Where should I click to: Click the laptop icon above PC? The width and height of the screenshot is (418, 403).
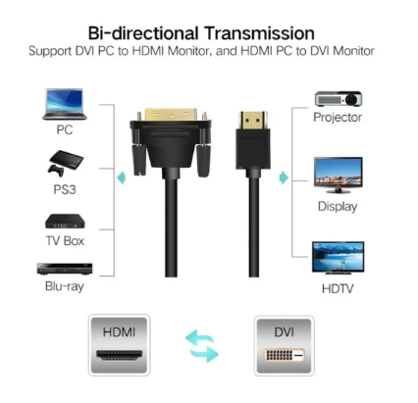(x=65, y=104)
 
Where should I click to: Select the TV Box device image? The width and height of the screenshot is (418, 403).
(x=65, y=222)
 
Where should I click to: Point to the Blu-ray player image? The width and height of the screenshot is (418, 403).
(x=65, y=269)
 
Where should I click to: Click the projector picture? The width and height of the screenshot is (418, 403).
(x=339, y=99)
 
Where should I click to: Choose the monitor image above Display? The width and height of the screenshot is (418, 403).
(x=339, y=176)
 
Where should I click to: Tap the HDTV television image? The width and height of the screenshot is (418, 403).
(x=339, y=258)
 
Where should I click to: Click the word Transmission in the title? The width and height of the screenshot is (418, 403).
(x=259, y=33)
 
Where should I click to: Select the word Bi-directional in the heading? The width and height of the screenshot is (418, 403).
(x=143, y=33)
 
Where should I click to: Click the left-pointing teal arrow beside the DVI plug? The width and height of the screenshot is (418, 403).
(x=122, y=177)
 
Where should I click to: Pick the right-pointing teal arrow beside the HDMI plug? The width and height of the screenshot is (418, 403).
(x=284, y=177)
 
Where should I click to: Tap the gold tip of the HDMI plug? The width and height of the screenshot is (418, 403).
(x=253, y=120)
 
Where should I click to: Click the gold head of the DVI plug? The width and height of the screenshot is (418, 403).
(x=171, y=115)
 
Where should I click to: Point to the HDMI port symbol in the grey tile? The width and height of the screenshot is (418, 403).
(x=120, y=355)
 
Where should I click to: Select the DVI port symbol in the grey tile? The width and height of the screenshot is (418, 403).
(x=284, y=355)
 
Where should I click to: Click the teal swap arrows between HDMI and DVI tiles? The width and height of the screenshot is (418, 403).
(x=201, y=346)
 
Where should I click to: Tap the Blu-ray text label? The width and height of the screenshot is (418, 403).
(x=65, y=286)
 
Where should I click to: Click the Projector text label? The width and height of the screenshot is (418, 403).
(x=338, y=118)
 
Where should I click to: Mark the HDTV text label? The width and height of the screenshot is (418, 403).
(x=338, y=288)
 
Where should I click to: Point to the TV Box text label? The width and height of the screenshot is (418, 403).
(x=65, y=241)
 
